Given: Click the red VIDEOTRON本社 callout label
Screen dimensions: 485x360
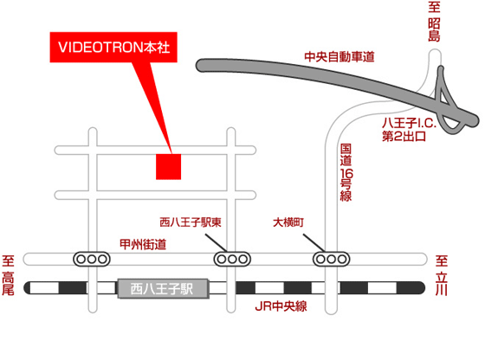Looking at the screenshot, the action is [113, 47].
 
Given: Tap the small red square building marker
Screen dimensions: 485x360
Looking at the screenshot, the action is [168, 166].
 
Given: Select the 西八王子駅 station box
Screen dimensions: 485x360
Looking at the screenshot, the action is [163, 289].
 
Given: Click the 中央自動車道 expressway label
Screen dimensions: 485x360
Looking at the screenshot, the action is [339, 57].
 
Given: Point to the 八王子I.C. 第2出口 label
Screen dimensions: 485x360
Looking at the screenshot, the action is [409, 129].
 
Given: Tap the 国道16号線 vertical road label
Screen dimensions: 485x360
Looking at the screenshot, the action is [346, 172].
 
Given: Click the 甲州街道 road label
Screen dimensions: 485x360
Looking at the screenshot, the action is [143, 244].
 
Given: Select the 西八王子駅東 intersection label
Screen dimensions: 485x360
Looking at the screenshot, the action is [191, 222].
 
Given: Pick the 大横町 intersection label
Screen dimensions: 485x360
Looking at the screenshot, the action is [288, 222].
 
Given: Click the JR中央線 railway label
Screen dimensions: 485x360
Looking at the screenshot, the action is [281, 306].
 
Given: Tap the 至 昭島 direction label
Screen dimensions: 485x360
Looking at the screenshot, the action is [434, 21].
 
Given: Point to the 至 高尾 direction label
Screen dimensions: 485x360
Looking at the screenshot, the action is [9, 275].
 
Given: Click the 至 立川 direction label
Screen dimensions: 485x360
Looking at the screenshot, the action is [442, 275].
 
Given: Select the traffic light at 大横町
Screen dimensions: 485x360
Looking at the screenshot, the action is [331, 259].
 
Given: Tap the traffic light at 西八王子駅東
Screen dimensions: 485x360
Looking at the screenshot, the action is [232, 259].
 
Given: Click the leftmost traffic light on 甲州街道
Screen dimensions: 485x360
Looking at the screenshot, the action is [92, 259].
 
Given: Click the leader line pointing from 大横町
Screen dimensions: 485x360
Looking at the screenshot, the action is [314, 243].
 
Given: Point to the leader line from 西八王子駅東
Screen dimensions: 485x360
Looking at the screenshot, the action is [217, 243].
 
